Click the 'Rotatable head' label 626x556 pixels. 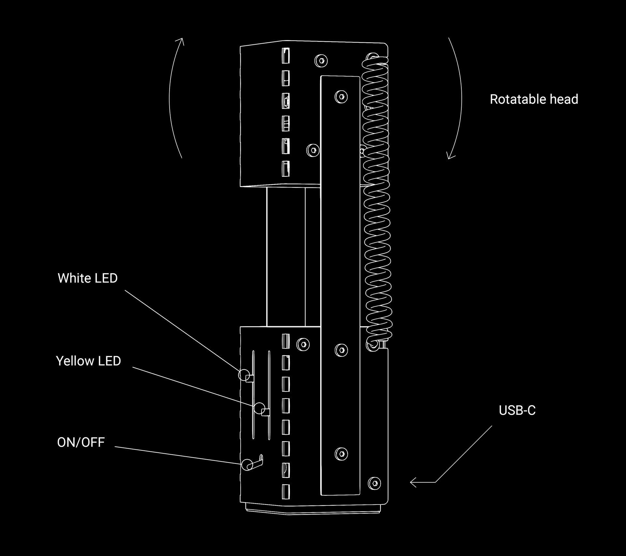click(x=534, y=99)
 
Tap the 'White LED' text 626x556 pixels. click(x=87, y=278)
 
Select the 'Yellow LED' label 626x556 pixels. click(x=88, y=361)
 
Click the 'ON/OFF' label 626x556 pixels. click(x=81, y=442)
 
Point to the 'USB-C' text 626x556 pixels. click(x=517, y=411)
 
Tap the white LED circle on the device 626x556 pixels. click(x=244, y=375)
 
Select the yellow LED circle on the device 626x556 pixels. click(x=260, y=408)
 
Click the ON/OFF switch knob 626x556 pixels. click(x=247, y=465)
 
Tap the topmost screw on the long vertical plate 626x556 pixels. click(x=341, y=97)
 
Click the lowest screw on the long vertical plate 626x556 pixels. click(x=341, y=454)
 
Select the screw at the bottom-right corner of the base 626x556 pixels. click(x=374, y=483)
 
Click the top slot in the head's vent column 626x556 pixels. click(x=286, y=56)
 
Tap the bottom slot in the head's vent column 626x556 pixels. click(x=286, y=168)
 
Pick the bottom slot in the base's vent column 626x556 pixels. click(x=286, y=492)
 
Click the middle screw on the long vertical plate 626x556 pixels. click(x=341, y=350)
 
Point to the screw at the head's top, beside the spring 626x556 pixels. click(x=321, y=61)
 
